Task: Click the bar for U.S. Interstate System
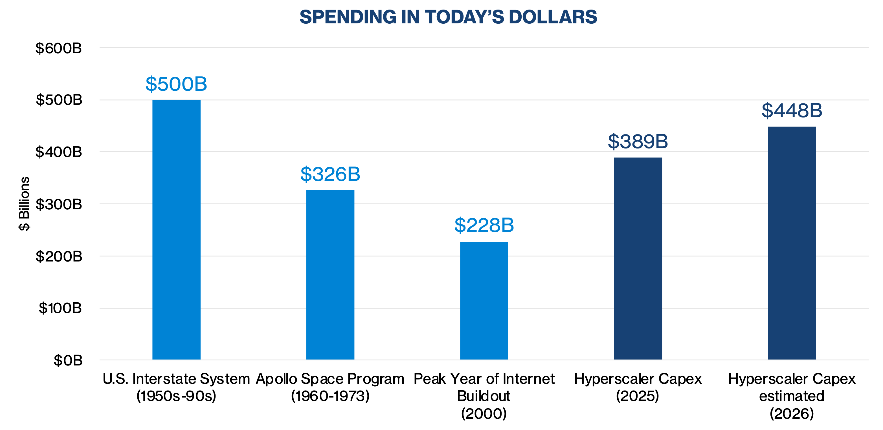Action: (176, 229)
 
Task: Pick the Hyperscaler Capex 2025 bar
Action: (638, 258)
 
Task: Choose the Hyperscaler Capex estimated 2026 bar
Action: (792, 243)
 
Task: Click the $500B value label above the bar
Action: (176, 84)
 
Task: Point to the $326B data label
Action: (330, 174)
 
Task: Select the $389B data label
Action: (638, 141)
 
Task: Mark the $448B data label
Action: (792, 110)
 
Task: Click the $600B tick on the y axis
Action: (59, 48)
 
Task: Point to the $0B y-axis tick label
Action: (68, 360)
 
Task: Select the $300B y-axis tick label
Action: (59, 204)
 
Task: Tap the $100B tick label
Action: (60, 308)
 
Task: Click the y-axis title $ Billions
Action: (24, 204)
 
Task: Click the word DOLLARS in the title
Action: (553, 17)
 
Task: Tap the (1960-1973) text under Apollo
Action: (330, 396)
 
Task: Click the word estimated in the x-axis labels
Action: (792, 396)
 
